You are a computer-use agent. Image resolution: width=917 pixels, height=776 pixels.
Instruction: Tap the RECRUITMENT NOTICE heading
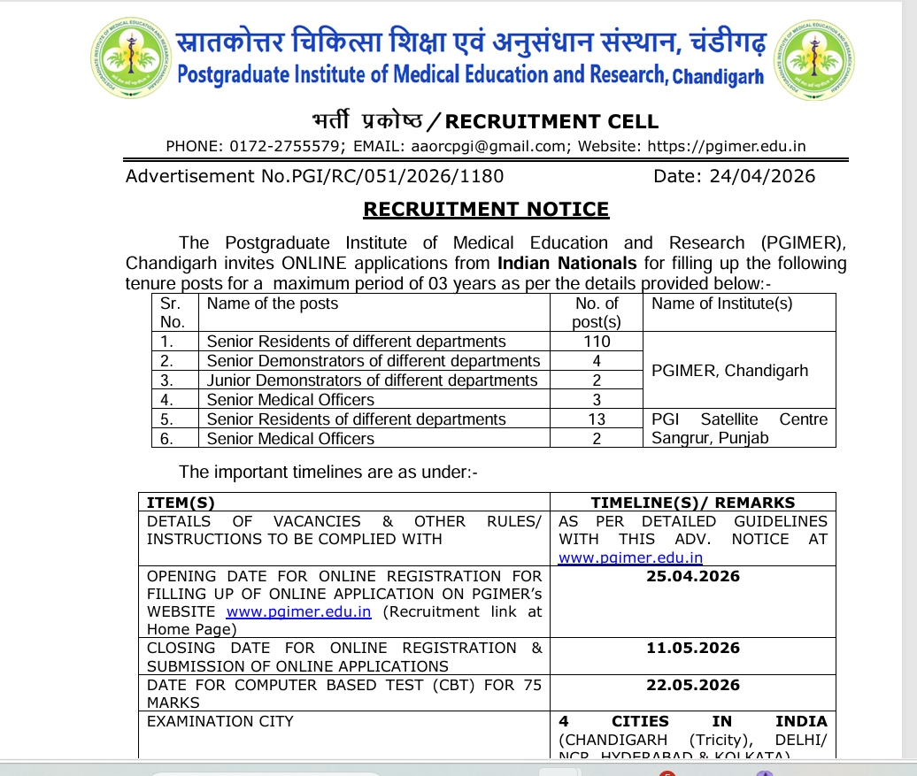tap(486, 210)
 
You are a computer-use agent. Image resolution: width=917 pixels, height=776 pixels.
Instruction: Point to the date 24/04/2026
tap(762, 176)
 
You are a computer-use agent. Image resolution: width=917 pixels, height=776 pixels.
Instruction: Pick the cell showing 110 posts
tap(597, 342)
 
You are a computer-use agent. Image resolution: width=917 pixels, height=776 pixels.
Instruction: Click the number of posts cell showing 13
tap(597, 419)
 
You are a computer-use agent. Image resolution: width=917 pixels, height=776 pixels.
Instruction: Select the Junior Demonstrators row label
tap(372, 380)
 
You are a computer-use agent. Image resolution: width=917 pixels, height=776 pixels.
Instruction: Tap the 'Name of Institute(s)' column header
tap(722, 303)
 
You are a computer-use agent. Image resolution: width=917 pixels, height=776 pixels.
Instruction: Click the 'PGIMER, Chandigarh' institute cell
tap(729, 371)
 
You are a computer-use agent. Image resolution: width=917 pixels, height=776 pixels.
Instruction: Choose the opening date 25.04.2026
tap(693, 577)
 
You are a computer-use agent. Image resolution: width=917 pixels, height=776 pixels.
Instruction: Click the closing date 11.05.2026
tap(693, 649)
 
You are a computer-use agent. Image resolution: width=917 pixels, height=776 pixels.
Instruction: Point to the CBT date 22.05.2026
tap(693, 686)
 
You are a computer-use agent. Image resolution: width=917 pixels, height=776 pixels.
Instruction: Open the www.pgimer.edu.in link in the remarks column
tap(630, 557)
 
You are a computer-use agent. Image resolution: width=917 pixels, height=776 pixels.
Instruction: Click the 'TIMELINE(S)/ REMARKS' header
tap(693, 503)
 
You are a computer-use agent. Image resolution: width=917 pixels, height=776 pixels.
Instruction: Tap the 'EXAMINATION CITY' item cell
tap(220, 722)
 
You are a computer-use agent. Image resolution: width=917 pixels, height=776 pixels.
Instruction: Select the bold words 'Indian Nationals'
tap(566, 264)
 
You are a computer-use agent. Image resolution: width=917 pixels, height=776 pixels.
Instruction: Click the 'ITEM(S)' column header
tap(181, 503)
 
